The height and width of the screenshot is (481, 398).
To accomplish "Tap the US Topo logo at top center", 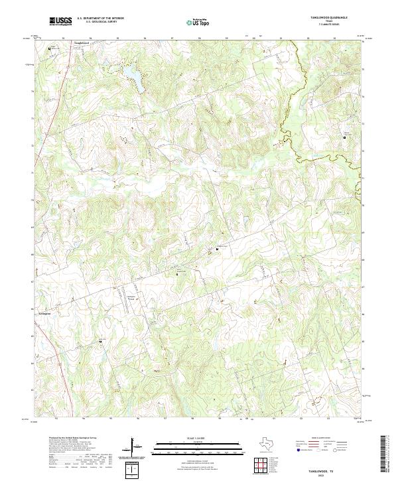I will click(196, 23).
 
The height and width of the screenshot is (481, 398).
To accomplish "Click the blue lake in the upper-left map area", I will click(129, 71).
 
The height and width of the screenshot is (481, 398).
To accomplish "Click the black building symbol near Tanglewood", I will click(49, 48).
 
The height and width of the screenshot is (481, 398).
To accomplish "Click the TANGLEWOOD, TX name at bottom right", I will click(329, 468).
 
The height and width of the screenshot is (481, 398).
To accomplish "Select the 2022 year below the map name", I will click(330, 474).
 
